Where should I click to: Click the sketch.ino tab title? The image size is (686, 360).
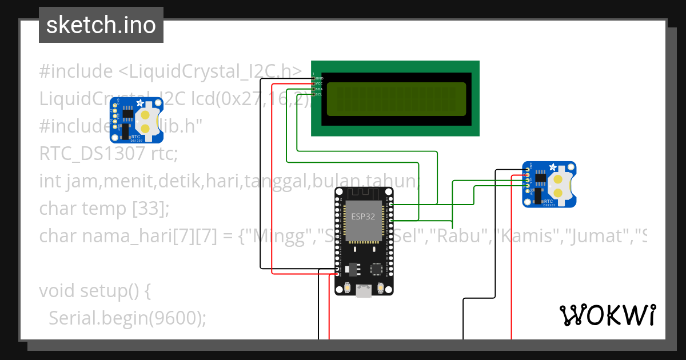click(x=101, y=25)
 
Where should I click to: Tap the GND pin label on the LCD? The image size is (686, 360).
click(x=319, y=78)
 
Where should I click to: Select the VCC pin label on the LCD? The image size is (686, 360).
click(x=319, y=83)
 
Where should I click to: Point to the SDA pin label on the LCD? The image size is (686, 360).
click(x=319, y=89)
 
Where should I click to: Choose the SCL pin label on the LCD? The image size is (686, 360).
click(x=319, y=94)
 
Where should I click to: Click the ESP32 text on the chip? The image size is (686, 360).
click(x=363, y=217)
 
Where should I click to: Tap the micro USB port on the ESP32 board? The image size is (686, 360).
click(x=362, y=291)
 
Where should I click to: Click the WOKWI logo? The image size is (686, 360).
click(x=607, y=315)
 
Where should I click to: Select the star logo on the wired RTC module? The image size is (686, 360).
click(x=553, y=167)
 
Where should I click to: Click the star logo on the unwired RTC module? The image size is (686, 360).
click(x=140, y=103)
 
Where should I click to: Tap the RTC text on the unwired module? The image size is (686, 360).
click(x=136, y=137)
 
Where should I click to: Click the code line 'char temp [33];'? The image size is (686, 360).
click(x=105, y=209)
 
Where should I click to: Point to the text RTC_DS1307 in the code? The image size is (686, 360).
click(x=92, y=154)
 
